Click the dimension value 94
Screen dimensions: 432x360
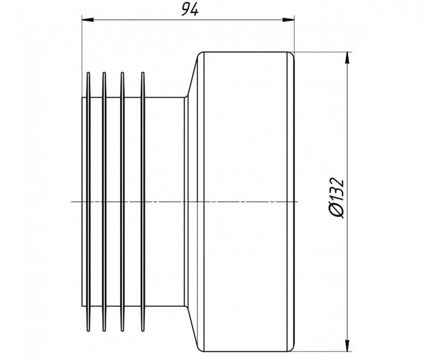tap(190, 10)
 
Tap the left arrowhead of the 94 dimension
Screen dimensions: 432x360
tap(88, 19)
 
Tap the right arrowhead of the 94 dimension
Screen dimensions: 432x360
tap(289, 19)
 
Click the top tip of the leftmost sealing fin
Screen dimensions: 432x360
tap(88, 73)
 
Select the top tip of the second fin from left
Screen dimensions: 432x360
tap(104, 73)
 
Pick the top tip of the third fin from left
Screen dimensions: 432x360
tap(122, 73)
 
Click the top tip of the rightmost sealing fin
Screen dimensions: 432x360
tap(142, 73)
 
